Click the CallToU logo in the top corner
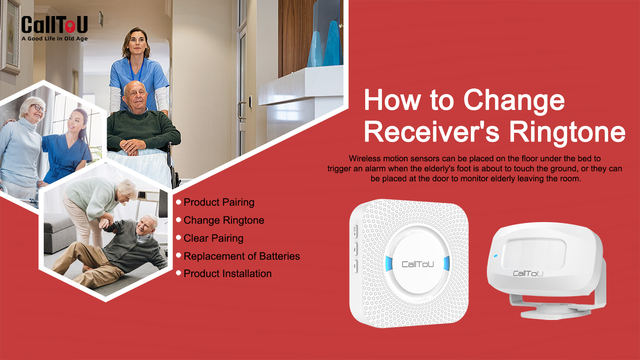(x=54, y=25)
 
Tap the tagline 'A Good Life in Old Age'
(x=54, y=38)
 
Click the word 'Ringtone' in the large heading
(x=567, y=132)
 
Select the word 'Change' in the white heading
(x=514, y=100)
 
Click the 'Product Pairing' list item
(x=219, y=202)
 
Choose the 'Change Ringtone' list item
(x=224, y=220)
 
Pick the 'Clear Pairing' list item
(x=214, y=238)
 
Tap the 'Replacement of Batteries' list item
(x=242, y=256)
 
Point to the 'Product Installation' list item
(x=228, y=274)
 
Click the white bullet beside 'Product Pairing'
(x=178, y=202)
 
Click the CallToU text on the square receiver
(x=418, y=264)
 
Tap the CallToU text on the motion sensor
(x=528, y=274)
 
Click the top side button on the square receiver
(x=356, y=232)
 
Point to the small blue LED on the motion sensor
(x=496, y=256)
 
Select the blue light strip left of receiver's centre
(x=389, y=263)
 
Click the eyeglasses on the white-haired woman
(x=39, y=108)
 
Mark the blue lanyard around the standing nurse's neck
(x=136, y=70)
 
